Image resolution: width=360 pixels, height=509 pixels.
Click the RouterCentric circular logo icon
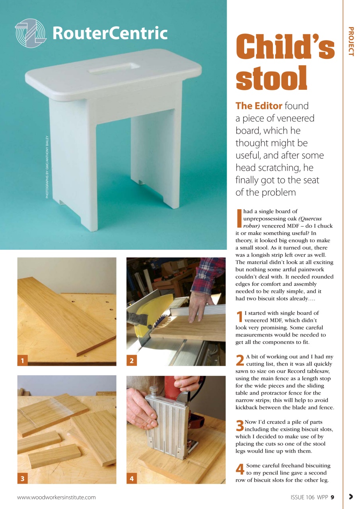(31, 33)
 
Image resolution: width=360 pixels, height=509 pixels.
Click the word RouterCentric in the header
(109, 33)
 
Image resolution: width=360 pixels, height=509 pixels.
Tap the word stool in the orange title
(271, 78)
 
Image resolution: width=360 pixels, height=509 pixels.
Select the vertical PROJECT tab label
(351, 41)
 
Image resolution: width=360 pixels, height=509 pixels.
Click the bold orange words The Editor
(259, 106)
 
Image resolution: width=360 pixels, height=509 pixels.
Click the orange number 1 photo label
(23, 361)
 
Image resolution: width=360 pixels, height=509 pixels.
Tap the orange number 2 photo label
(132, 361)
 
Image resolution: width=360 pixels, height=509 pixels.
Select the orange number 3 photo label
(23, 479)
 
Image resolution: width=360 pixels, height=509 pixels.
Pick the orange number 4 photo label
(132, 479)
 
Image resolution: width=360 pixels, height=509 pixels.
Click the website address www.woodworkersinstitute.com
(56, 497)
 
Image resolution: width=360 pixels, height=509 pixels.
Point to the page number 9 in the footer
(332, 497)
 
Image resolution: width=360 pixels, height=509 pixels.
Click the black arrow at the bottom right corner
(350, 496)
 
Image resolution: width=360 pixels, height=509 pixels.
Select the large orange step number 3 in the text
(239, 425)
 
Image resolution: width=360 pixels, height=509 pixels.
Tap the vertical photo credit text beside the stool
(47, 167)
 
